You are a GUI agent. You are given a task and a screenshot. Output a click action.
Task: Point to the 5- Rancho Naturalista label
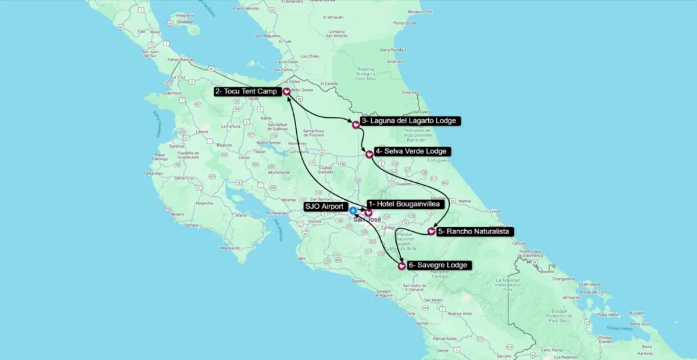(x=472, y=231)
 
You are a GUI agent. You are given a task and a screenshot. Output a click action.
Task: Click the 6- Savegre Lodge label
(x=438, y=265)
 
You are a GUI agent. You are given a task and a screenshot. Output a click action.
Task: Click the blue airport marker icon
(x=353, y=210)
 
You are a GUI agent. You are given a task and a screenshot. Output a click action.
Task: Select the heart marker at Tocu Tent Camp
(x=287, y=91)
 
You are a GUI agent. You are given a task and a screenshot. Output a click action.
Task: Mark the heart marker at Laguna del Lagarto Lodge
(x=355, y=125)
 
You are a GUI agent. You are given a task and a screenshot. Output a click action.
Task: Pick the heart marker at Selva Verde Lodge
(x=369, y=154)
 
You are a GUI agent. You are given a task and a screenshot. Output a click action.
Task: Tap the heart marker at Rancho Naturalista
(x=432, y=232)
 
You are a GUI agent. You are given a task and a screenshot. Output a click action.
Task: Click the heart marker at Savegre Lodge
(x=402, y=265)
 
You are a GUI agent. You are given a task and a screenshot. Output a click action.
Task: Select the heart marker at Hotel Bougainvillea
(x=368, y=213)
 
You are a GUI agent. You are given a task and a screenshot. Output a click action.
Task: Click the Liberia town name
(x=201, y=131)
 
